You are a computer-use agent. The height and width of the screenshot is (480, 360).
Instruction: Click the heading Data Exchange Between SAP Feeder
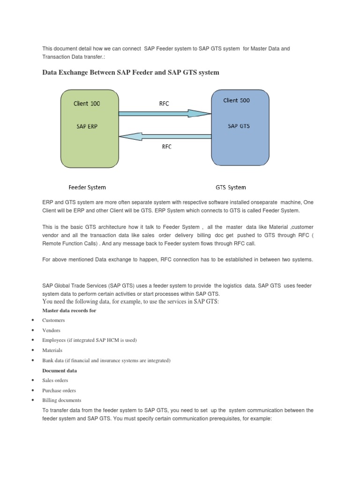[x=131, y=72]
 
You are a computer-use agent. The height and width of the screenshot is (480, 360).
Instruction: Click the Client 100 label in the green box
[x=87, y=103]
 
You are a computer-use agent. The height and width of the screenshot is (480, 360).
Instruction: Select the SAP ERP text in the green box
[x=87, y=127]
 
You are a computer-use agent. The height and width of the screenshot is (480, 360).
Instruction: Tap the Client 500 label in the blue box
[x=237, y=100]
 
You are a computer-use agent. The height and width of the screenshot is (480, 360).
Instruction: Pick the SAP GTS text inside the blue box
[x=239, y=126]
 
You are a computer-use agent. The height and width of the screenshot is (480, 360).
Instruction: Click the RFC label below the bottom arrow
[x=166, y=147]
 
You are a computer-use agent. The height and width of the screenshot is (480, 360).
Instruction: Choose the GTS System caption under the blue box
[x=231, y=187]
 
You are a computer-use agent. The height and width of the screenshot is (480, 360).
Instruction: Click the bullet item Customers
[x=53, y=320]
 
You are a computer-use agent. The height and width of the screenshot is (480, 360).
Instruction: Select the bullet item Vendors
[x=51, y=330]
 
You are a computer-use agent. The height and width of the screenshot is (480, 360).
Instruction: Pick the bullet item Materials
[x=52, y=350]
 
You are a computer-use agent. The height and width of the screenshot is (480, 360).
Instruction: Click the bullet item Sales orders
[x=55, y=380]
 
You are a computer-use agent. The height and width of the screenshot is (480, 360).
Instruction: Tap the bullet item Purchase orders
[x=59, y=390]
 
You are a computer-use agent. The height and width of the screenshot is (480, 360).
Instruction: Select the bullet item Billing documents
[x=61, y=400]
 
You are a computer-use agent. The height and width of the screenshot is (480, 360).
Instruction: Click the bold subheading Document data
[x=60, y=370]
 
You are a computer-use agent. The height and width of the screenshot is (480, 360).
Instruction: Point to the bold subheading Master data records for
[x=69, y=310]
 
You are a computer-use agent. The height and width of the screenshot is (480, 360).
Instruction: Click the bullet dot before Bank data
[x=33, y=360]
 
